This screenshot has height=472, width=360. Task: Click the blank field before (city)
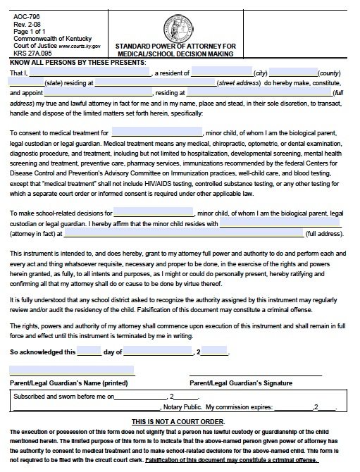pyautogui.click(x=221, y=72)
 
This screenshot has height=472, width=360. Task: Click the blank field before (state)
pyautogui.click(x=26, y=82)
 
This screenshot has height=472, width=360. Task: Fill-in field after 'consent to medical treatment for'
pyautogui.click(x=156, y=132)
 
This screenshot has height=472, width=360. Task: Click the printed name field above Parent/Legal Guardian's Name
pyautogui.click(x=72, y=371)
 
